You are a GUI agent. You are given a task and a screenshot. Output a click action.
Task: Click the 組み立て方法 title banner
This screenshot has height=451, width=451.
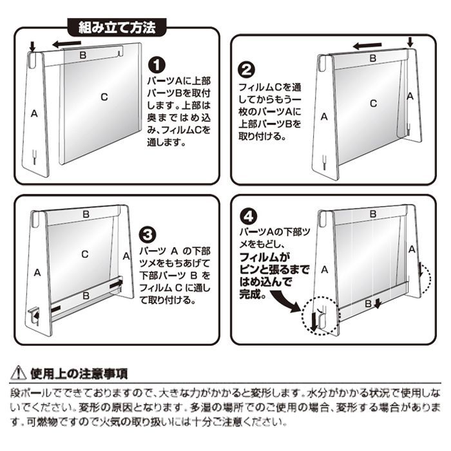coord(117,27)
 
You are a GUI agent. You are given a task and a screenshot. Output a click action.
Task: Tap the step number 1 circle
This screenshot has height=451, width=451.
coord(157,65)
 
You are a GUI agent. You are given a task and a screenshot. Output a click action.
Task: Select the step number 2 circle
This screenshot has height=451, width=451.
coord(247,70)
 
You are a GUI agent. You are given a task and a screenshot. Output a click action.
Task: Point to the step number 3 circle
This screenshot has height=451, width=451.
coord(148,235)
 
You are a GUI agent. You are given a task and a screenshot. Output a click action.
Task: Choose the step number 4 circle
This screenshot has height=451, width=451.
coord(249,216)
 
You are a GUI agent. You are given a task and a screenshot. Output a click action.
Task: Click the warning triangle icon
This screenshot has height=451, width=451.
coord(19,373)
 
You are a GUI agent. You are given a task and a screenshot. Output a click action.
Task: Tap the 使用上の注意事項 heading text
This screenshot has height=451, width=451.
coord(79,374)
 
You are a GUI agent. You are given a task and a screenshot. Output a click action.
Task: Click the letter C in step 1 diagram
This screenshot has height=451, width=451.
coord(104,97)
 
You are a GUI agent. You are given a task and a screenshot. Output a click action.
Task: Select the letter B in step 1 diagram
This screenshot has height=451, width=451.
coord(83,55)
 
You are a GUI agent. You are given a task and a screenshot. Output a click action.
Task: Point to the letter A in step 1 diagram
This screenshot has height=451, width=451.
coord(34,113)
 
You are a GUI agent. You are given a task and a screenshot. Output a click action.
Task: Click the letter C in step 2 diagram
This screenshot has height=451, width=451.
coord(373,103)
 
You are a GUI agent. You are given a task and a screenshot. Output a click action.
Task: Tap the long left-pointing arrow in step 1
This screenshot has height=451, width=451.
coord(67,44)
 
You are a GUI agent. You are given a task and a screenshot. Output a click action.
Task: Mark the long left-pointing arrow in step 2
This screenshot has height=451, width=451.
coord(367,46)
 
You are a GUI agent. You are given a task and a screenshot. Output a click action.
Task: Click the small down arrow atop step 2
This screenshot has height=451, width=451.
coord(410,42)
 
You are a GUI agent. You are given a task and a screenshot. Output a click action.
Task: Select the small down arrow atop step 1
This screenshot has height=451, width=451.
coord(32,46)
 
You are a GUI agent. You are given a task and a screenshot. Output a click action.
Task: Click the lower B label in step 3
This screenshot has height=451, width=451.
coord(86,295)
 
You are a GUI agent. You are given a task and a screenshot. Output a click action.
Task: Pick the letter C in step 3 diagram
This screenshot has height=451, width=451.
coord(85,254)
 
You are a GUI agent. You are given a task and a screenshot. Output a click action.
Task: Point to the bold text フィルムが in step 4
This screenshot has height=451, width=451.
coord(265,257)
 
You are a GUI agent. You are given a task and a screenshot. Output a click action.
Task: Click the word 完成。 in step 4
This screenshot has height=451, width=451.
coord(253,294)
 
